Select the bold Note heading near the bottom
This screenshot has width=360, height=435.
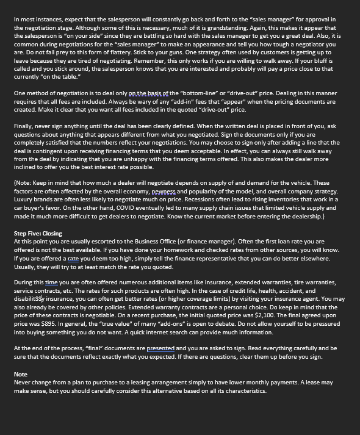coord(20,374)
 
